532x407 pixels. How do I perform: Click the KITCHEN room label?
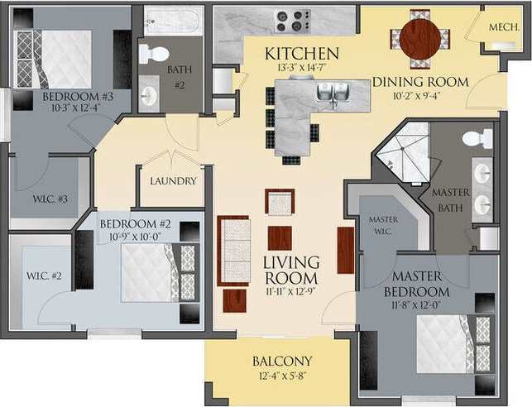pos(303,54)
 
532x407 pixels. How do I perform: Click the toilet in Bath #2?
pos(153,54)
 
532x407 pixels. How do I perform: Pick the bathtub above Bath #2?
pos(172,21)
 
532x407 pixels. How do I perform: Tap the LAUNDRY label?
pos(173,181)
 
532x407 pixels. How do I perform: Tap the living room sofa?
pos(235,251)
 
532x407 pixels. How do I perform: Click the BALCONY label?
pos(282,362)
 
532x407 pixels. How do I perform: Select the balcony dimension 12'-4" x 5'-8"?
pos(282,379)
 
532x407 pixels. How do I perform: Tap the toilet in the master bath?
pos(478,138)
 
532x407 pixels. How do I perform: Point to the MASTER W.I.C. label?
pos(383,224)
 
